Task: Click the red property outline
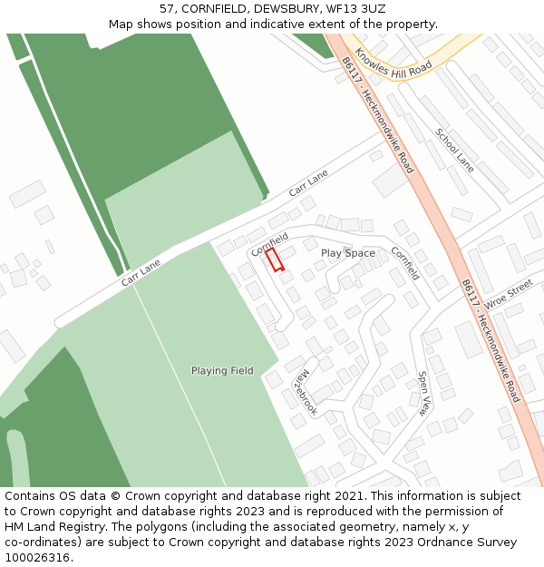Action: point(275,259)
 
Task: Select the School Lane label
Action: point(454,150)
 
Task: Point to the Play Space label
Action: point(347,253)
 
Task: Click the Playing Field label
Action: point(222,370)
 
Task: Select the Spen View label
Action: point(423,393)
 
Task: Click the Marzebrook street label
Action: point(306,392)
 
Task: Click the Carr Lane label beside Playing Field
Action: point(141,272)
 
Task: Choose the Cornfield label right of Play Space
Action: point(405,263)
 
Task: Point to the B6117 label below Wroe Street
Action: point(491,340)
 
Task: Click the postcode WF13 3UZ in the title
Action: point(355,8)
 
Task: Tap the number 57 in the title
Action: point(168,8)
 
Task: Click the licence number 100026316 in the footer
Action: point(37,558)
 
